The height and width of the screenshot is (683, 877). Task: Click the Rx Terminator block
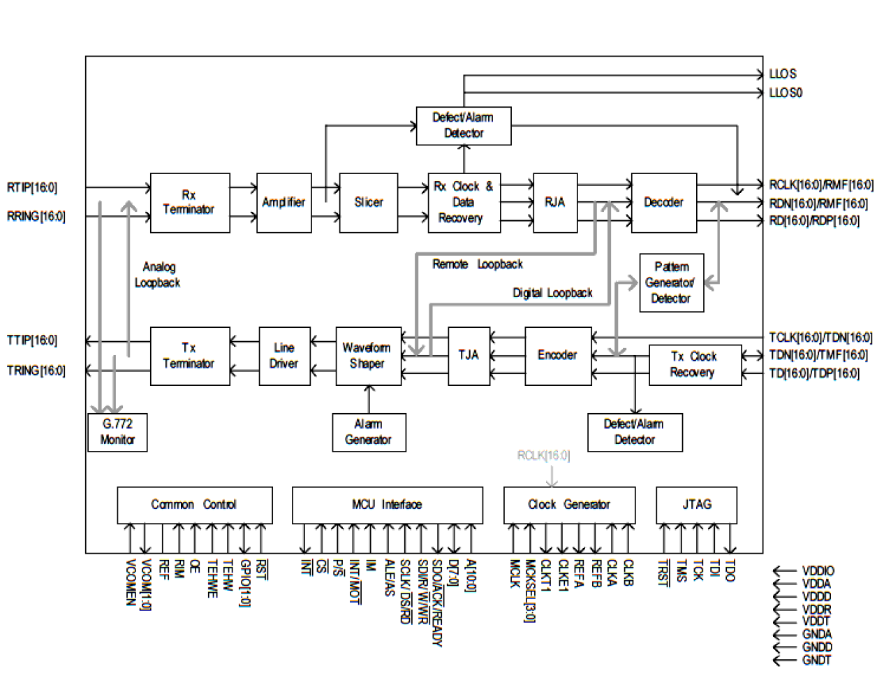190,203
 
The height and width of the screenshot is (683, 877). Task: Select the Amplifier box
283,203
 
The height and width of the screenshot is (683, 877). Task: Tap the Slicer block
369,203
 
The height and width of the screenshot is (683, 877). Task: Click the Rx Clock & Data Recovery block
464,203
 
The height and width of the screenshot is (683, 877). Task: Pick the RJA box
555,203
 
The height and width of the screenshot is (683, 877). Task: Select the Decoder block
663,203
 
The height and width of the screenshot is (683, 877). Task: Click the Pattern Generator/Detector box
671,282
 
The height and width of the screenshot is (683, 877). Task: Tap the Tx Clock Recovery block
695,364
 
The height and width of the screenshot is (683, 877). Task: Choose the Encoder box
558,355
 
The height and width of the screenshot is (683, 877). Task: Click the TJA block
469,355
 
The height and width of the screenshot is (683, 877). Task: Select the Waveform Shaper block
368,355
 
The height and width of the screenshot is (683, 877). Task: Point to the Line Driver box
284,355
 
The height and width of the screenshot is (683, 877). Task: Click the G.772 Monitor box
117,432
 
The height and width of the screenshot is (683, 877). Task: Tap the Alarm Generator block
369,432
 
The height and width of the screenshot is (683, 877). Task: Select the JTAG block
696,505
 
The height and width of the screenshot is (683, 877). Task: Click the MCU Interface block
387,505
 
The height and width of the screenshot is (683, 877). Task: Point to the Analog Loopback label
158,275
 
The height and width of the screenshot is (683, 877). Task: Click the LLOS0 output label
786,93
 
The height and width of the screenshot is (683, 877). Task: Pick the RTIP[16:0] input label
32,187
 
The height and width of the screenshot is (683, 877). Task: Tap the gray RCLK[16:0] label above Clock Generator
543,456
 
